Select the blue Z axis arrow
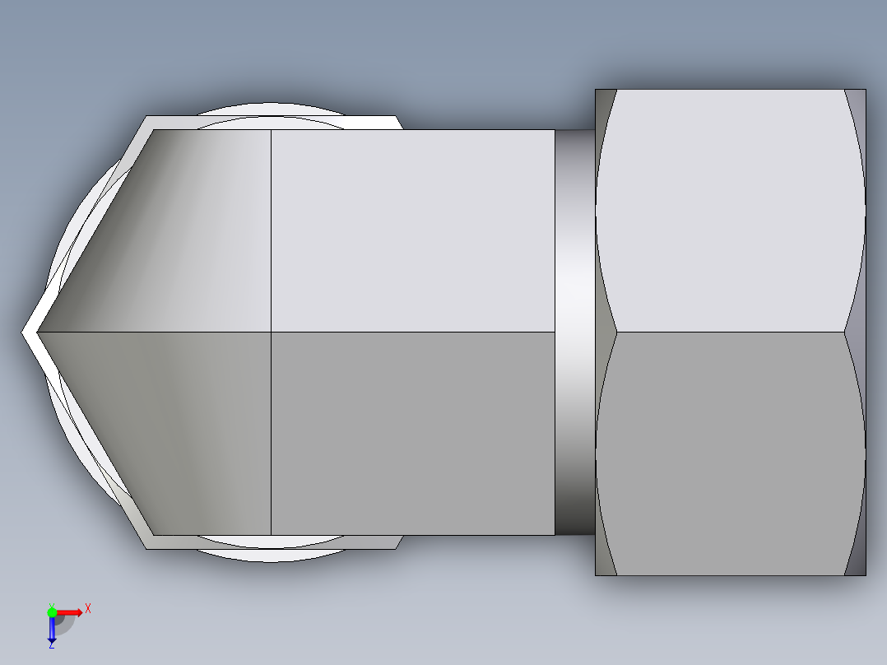51,629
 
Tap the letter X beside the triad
88,608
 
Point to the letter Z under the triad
51,645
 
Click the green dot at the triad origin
52,612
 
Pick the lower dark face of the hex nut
731,453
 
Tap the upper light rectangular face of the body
411,230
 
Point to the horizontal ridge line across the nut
731,332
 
